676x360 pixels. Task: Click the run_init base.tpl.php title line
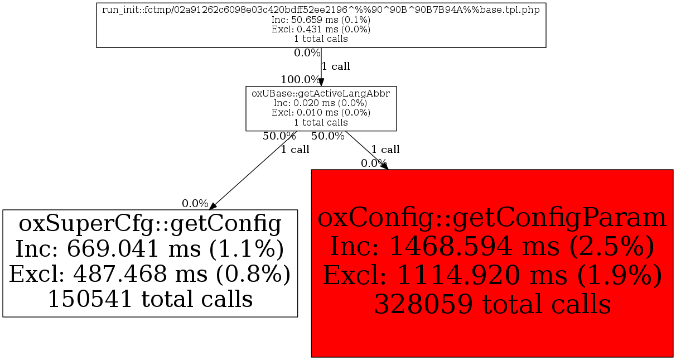[321, 11]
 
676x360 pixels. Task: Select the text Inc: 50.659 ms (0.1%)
[321, 20]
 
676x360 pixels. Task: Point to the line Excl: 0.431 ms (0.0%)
[321, 30]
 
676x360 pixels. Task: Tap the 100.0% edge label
[300, 79]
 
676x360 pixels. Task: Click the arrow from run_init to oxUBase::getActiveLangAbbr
[321, 67]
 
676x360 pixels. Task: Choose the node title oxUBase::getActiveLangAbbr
[321, 94]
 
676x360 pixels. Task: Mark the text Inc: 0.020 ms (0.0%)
[321, 103]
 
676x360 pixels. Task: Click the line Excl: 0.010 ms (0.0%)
[321, 113]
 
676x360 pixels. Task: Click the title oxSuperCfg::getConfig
[150, 224]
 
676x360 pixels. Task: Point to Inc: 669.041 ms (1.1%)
[150, 249]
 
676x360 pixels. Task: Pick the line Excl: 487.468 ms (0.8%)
[150, 274]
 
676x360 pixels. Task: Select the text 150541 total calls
[150, 300]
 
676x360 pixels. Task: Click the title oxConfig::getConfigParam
[492, 218]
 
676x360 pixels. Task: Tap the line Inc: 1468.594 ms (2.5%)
[492, 246]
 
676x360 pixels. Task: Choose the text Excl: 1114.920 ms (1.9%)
[492, 275]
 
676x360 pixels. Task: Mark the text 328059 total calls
[492, 304]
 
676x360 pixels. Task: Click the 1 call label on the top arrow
[336, 66]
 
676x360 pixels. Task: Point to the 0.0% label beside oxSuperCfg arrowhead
[195, 204]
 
